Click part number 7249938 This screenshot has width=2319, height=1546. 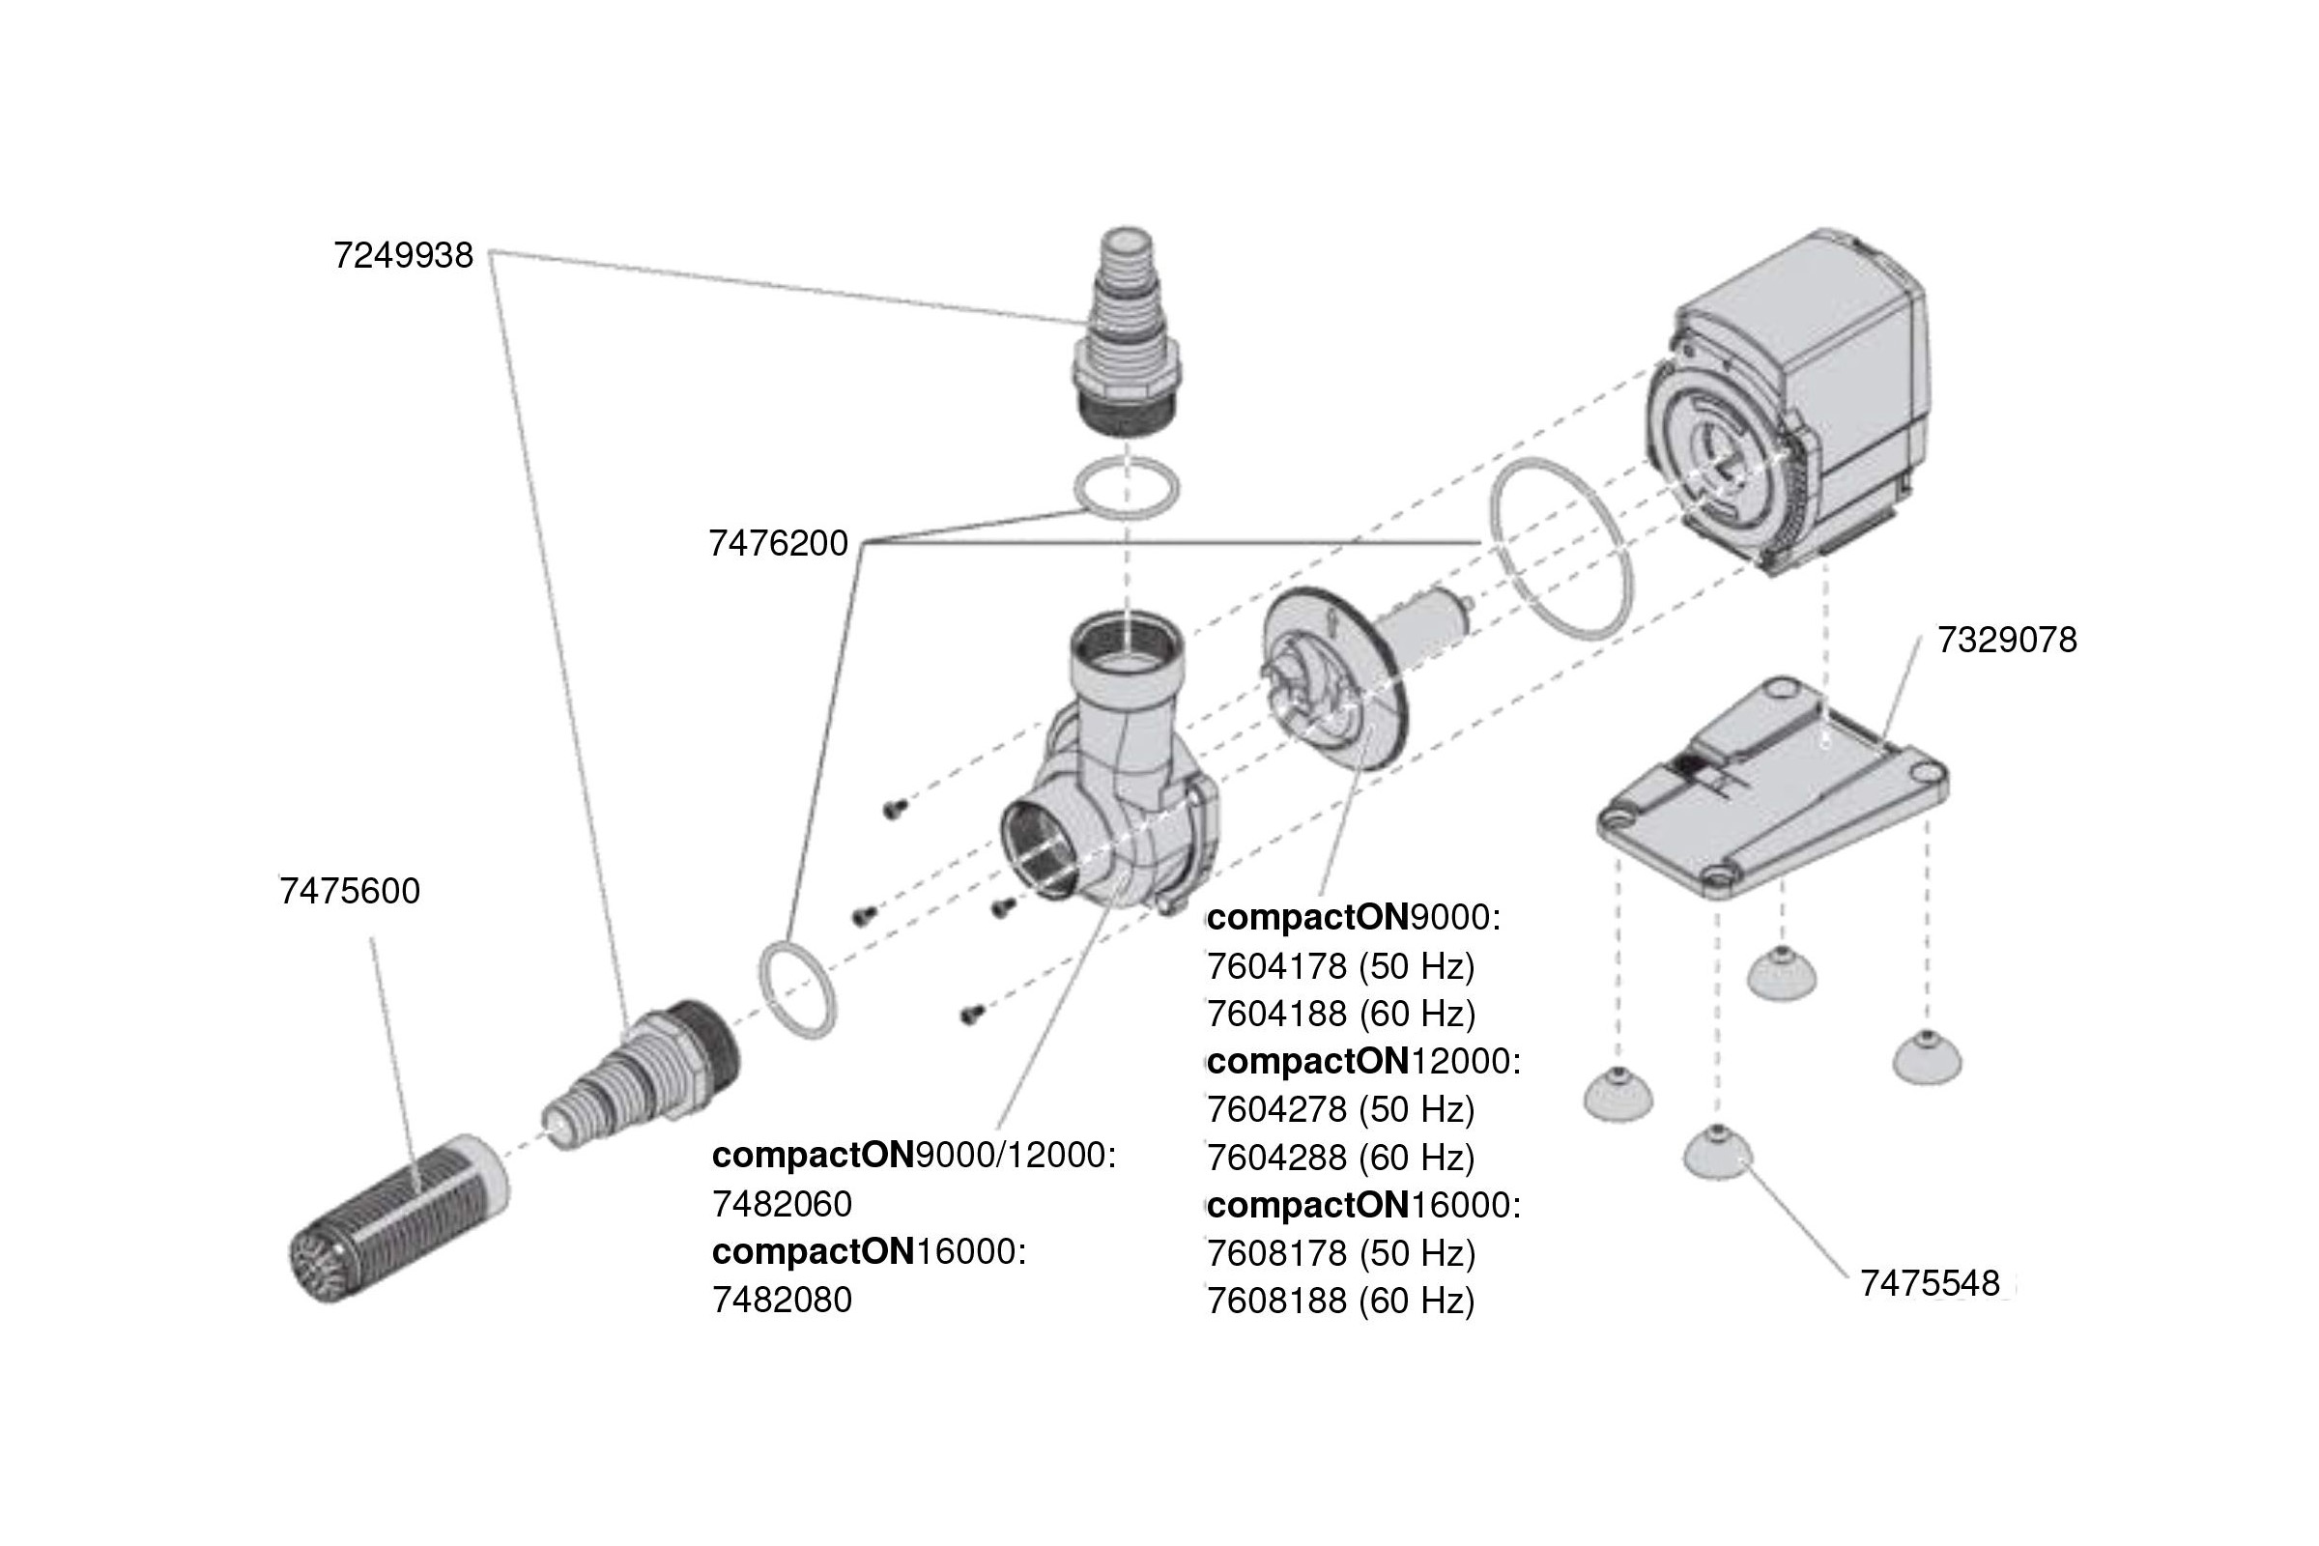click(x=403, y=256)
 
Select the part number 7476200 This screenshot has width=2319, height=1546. click(x=778, y=544)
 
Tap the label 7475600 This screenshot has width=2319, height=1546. click(x=350, y=891)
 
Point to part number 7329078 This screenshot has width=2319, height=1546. click(x=2007, y=641)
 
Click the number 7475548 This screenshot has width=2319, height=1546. click(x=1930, y=1284)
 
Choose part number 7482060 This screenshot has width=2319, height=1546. click(x=782, y=1204)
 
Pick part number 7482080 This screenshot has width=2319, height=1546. click(x=782, y=1301)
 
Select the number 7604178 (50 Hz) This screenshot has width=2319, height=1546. click(x=1340, y=967)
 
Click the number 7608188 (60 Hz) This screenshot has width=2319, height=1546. click(x=1340, y=1302)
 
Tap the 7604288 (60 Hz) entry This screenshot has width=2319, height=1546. click(x=1340, y=1158)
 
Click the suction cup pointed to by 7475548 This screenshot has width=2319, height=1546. click(x=1718, y=1155)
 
